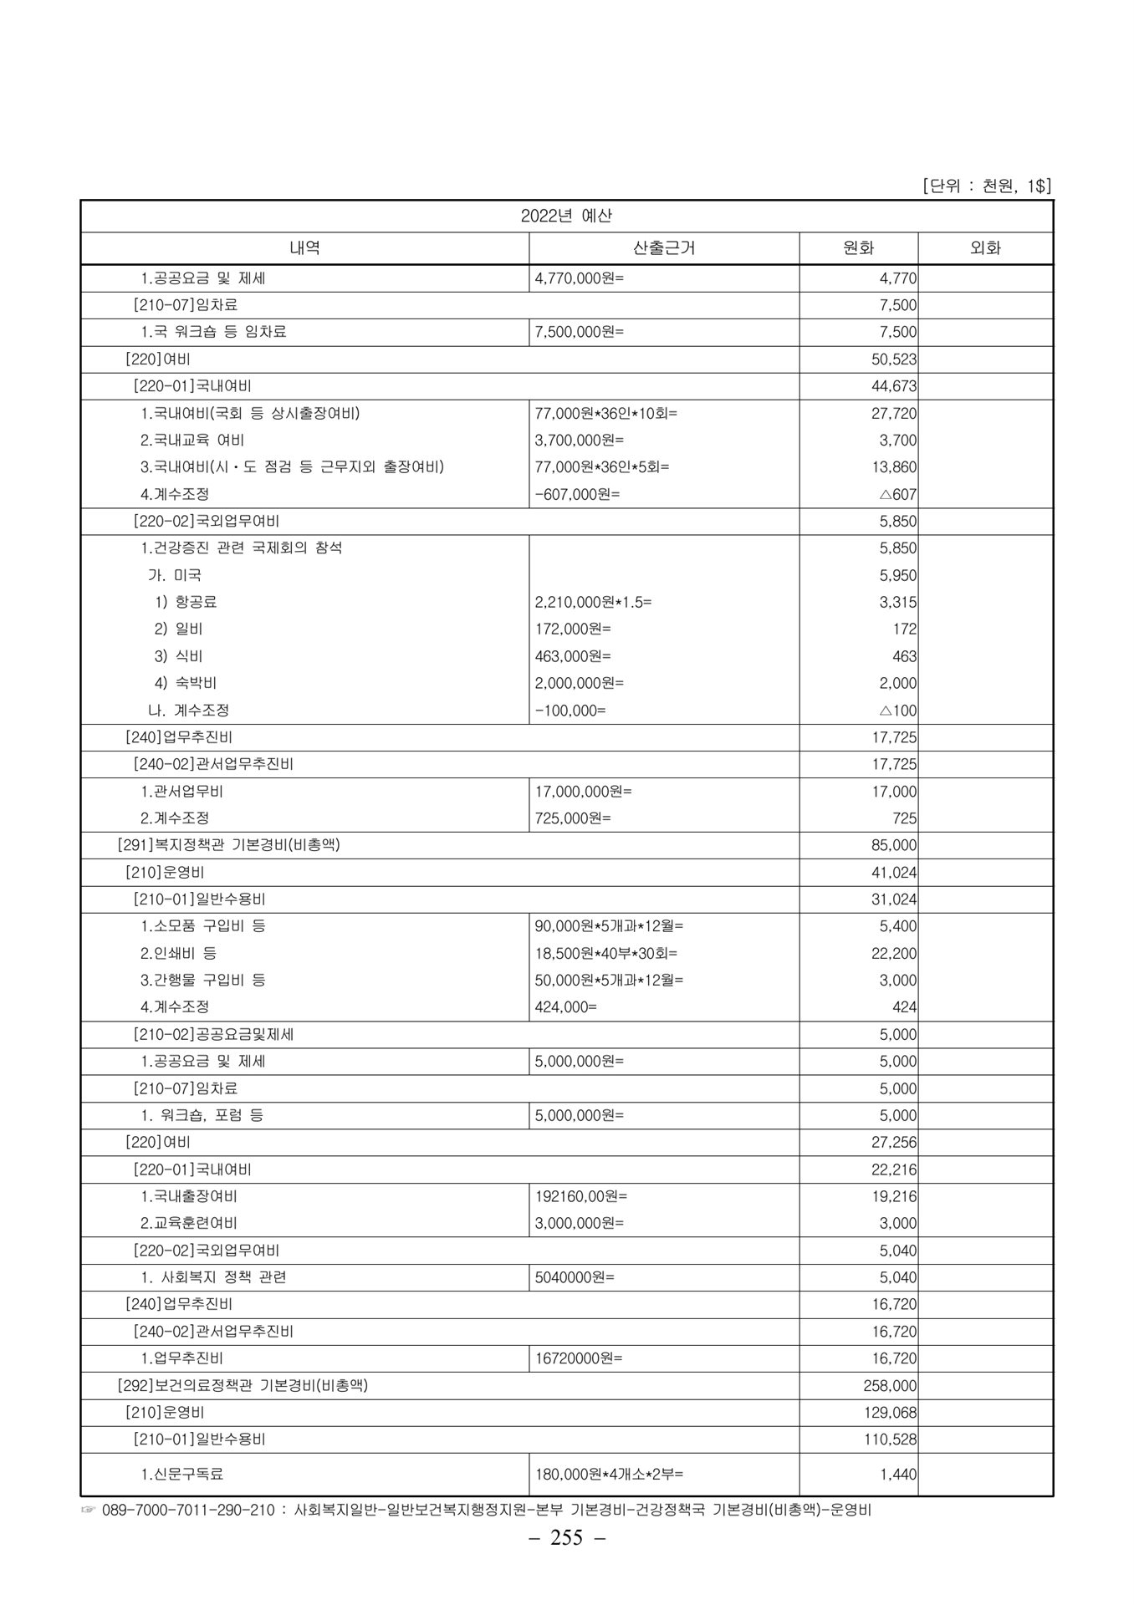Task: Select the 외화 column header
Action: pyautogui.click(x=985, y=248)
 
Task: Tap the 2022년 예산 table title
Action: pyautogui.click(x=566, y=216)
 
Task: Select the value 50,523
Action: pyautogui.click(x=894, y=359)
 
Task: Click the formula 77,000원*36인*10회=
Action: pyautogui.click(x=605, y=413)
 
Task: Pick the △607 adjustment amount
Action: pyautogui.click(x=897, y=494)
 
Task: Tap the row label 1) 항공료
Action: pyautogui.click(x=185, y=602)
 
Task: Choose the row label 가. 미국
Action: pyautogui.click(x=175, y=575)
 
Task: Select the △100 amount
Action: pyautogui.click(x=897, y=711)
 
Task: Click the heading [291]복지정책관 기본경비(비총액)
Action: pyautogui.click(x=229, y=845)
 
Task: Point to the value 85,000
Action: pyautogui.click(x=894, y=845)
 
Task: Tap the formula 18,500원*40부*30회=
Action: pyautogui.click(x=605, y=953)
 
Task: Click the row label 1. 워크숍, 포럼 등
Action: pyautogui.click(x=202, y=1115)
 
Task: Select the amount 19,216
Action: pyautogui.click(x=894, y=1196)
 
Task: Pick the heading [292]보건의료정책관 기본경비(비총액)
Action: pyautogui.click(x=243, y=1386)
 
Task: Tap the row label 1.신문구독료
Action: pyautogui.click(x=182, y=1475)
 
